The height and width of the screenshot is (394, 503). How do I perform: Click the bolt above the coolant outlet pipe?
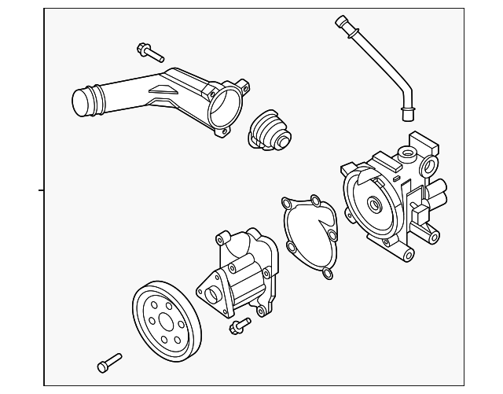[149, 52]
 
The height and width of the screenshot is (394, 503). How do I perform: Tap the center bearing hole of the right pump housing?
[374, 208]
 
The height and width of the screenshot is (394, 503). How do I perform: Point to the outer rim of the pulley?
[138, 315]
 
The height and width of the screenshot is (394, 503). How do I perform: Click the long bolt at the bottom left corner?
[108, 361]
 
